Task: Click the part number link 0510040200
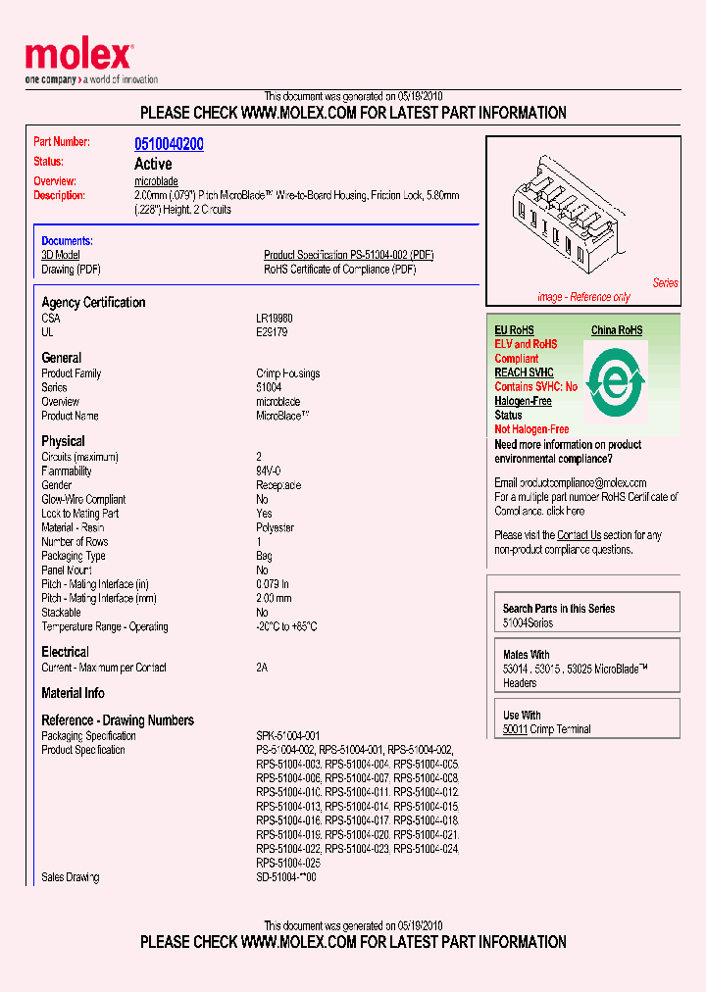coord(169,144)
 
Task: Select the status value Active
coord(153,164)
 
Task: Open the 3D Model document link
coord(60,255)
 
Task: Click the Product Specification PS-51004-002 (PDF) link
coord(348,255)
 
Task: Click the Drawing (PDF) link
coord(71,270)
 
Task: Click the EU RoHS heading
coord(514,330)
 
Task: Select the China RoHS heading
coord(617,330)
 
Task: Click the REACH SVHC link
coord(524,372)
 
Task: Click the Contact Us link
coord(579,535)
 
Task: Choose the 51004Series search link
coord(528,622)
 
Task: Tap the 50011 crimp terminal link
coord(515,729)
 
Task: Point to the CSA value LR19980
coord(275,319)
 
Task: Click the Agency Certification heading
coord(93,303)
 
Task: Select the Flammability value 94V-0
coord(269,471)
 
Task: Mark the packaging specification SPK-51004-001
coord(287,736)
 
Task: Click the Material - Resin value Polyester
coord(275,527)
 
